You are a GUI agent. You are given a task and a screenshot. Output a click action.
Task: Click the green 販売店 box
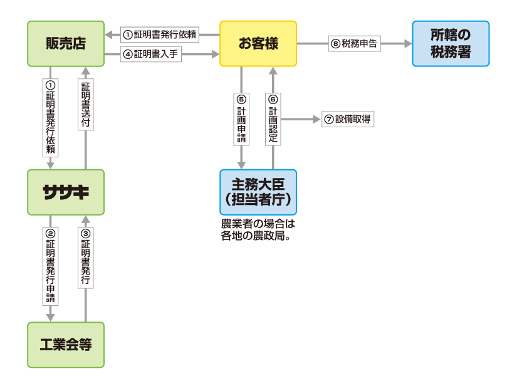coord(66,43)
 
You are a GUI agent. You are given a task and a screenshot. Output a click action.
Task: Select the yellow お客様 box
coord(258,43)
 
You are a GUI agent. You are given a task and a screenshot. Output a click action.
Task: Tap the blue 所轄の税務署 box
coord(451,43)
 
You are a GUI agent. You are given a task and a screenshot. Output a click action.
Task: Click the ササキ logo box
coord(66,192)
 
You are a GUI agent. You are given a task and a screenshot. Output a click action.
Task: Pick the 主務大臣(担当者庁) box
coord(258,192)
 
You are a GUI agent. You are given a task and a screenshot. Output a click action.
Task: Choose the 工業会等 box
coord(66,345)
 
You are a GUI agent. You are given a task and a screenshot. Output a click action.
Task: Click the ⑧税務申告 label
coord(355,44)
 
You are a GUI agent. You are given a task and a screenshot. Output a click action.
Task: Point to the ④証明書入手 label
coord(150,55)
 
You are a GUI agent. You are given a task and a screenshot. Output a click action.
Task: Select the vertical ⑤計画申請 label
coord(241,118)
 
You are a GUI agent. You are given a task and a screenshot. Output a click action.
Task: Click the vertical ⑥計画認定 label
coord(273,118)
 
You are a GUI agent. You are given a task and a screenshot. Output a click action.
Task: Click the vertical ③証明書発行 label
coord(86,258)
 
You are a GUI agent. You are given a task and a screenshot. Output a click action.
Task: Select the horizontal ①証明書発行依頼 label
coord(160,34)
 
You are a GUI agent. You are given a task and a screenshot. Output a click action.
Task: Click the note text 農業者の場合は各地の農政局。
coord(257,229)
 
